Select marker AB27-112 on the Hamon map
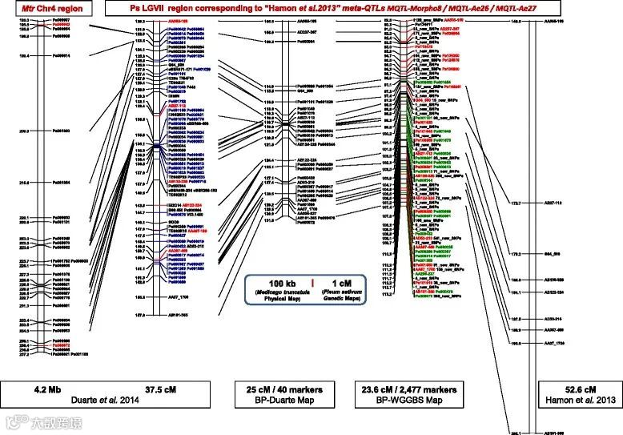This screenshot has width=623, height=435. pos(555,203)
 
